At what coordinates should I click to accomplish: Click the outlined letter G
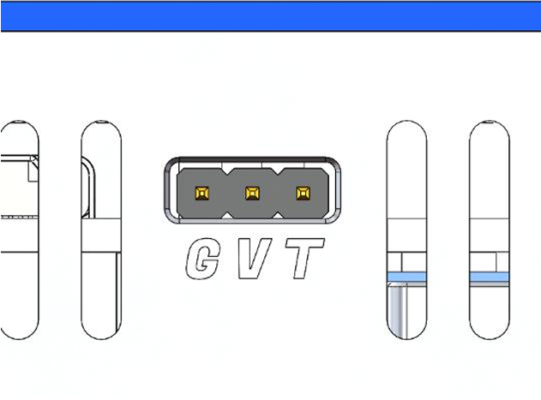pyautogui.click(x=201, y=260)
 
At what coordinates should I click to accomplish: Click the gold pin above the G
pyautogui.click(x=201, y=193)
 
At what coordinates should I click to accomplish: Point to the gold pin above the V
pyautogui.click(x=251, y=193)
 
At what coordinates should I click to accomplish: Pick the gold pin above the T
pyautogui.click(x=301, y=193)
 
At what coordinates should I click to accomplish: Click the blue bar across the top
pyautogui.click(x=270, y=15)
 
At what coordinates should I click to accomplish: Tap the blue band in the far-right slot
pyautogui.click(x=490, y=277)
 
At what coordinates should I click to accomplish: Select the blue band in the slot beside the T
pyautogui.click(x=406, y=277)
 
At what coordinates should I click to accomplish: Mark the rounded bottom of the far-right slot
pyautogui.click(x=490, y=330)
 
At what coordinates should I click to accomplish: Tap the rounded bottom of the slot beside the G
pyautogui.click(x=101, y=330)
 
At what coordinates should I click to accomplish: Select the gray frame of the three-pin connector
pyautogui.click(x=251, y=163)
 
